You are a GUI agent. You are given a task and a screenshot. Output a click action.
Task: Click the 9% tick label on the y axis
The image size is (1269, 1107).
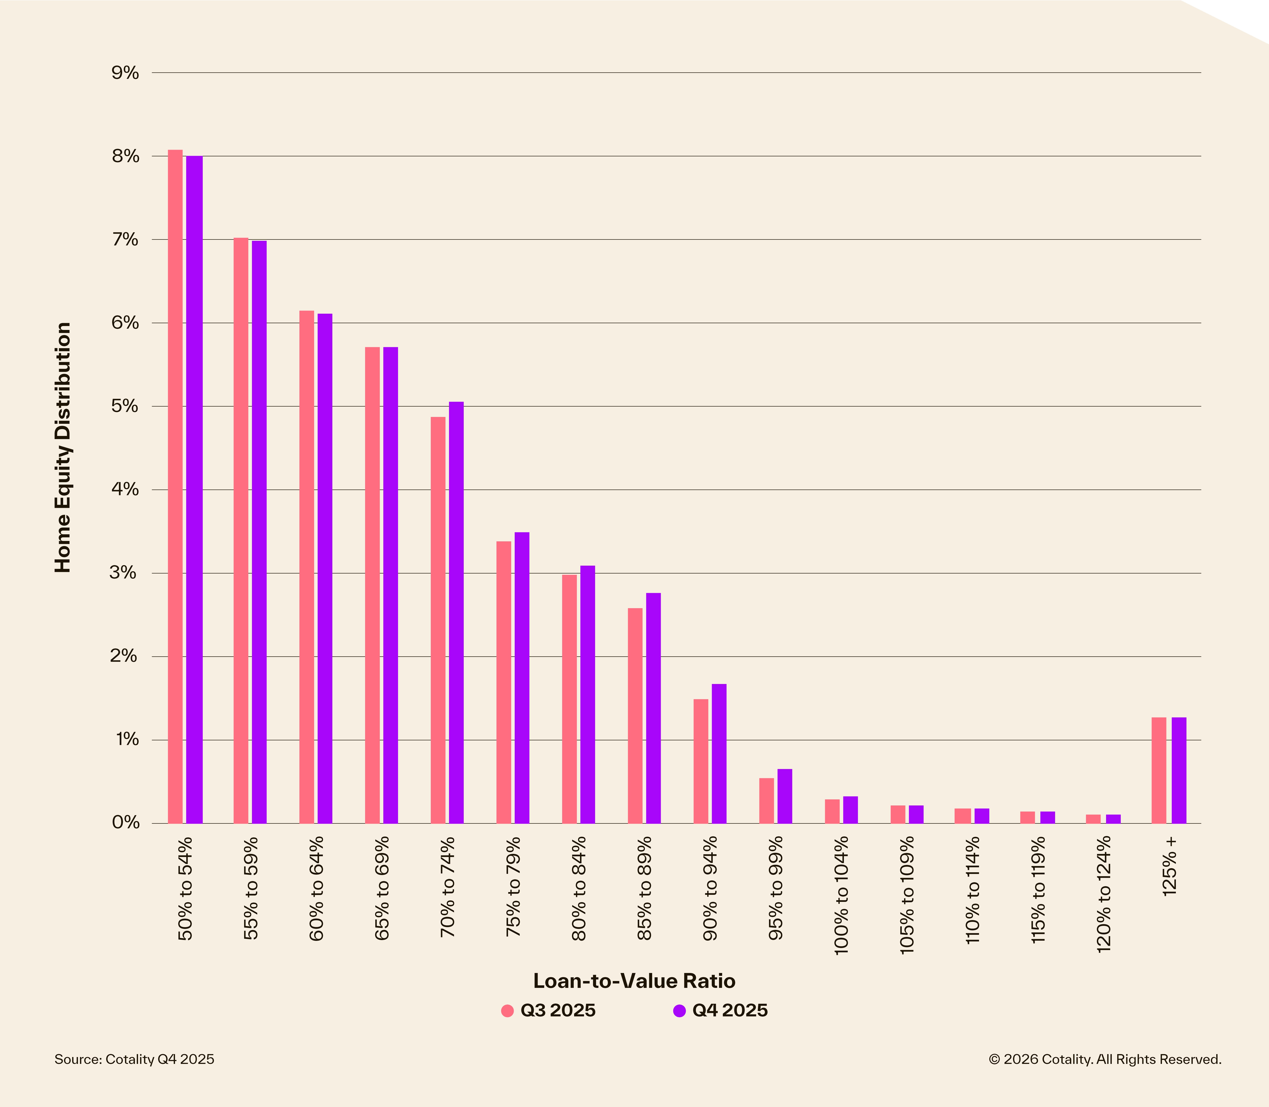125,73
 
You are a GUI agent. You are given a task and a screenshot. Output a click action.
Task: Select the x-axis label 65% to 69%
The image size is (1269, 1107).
383,888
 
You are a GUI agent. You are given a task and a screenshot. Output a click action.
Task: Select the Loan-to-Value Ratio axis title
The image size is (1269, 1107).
634,981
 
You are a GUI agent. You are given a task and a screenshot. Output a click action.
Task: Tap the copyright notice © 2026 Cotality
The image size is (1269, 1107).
1104,1059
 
